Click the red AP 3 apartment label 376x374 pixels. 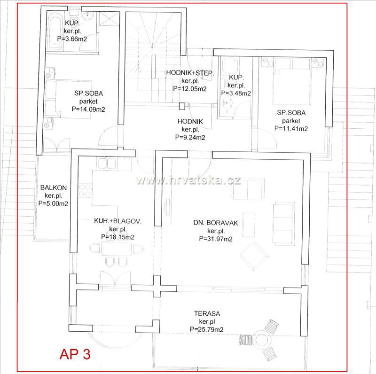click(75, 354)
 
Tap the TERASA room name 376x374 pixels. click(207, 313)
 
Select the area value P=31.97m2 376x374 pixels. click(216, 239)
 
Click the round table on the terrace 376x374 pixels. click(261, 340)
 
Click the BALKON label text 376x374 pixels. click(53, 187)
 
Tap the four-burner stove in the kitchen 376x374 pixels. click(85, 190)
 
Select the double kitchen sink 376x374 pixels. click(107, 163)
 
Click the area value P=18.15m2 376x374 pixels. click(117, 237)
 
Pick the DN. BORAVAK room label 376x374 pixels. click(216, 223)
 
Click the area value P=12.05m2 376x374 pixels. click(190, 88)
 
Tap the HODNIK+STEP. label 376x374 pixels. click(190, 73)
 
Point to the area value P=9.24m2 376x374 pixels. click(190, 137)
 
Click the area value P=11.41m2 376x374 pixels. click(291, 128)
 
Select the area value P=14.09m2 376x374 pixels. click(88, 109)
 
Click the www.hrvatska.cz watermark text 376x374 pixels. click(188, 180)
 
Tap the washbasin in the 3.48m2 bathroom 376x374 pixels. click(227, 103)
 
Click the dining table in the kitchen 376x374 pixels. click(117, 249)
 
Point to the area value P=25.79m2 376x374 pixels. click(206, 329)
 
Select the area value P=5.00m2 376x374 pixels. click(53, 203)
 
